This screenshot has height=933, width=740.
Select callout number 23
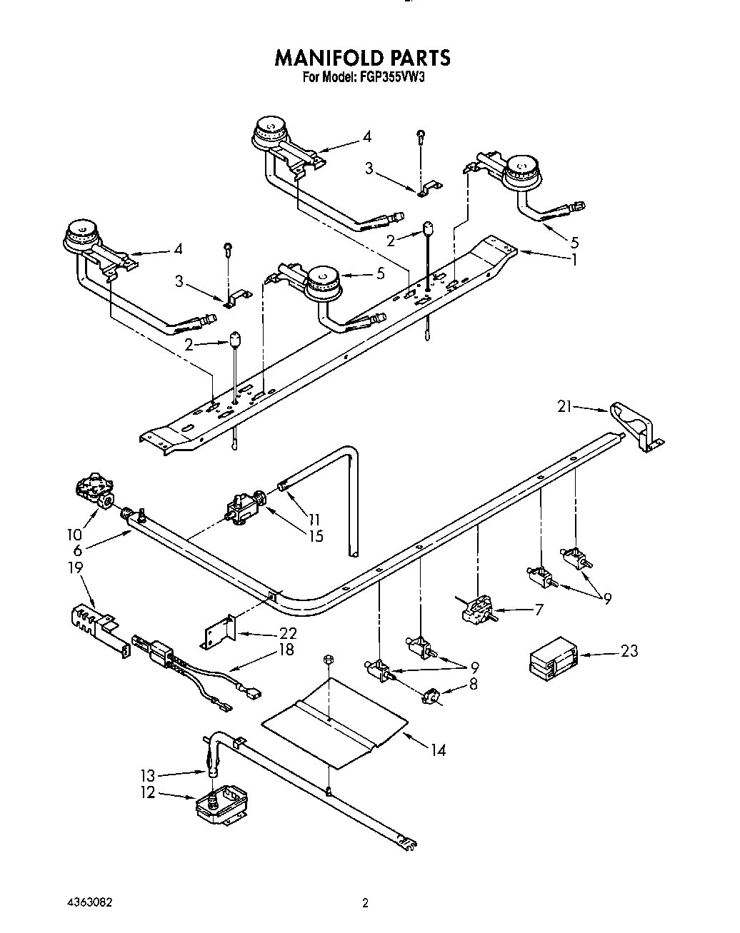point(629,651)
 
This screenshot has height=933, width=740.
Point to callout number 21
point(565,406)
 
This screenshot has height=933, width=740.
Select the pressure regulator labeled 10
point(93,492)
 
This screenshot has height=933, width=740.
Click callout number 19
point(76,568)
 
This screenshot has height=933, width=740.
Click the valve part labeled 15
point(241,505)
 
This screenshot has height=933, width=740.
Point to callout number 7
point(539,609)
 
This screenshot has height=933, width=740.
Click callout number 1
point(572,260)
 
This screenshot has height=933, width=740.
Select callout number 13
point(147,774)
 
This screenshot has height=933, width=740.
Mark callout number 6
point(78,550)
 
